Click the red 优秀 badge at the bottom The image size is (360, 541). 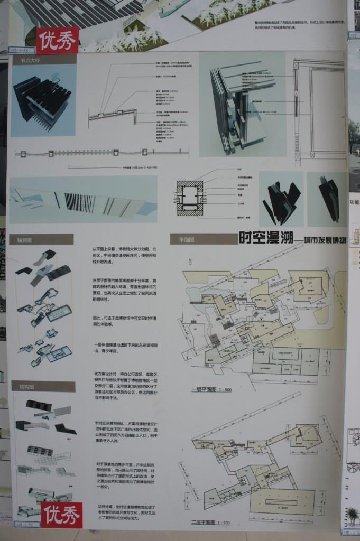pyautogui.click(x=62, y=515)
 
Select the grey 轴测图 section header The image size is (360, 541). pyautogui.click(x=42, y=239)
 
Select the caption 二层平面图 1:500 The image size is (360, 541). pyautogui.click(x=210, y=523)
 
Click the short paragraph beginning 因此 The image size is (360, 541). pyautogui.click(x=124, y=323)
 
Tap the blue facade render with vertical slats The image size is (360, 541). pyautogui.click(x=83, y=199)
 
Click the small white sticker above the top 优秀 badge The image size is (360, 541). pyautogui.click(x=21, y=50)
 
